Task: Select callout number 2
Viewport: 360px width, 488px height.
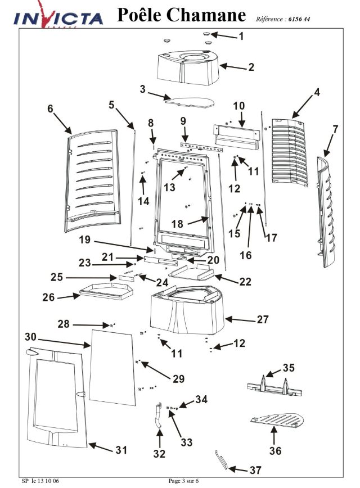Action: tap(251, 67)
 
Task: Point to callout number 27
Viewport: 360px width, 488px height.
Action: tap(263, 319)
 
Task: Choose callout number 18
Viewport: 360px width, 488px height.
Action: tap(177, 224)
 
